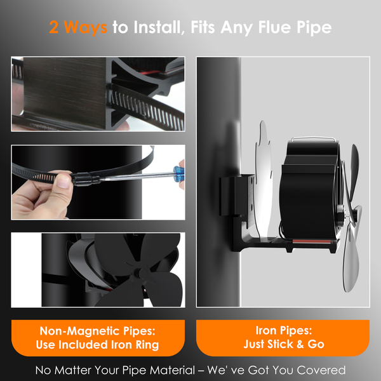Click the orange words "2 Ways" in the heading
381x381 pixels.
(78, 27)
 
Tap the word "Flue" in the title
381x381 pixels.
(274, 27)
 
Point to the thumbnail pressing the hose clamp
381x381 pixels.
(63, 181)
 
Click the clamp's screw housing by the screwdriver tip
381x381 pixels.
(84, 178)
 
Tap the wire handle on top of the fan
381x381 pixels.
(314, 138)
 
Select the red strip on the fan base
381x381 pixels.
(311, 241)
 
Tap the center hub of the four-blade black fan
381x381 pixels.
(138, 273)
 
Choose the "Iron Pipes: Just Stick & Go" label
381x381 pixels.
(283, 338)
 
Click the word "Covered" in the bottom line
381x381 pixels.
(321, 370)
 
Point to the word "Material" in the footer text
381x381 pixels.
(172, 370)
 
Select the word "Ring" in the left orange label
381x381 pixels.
(147, 345)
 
